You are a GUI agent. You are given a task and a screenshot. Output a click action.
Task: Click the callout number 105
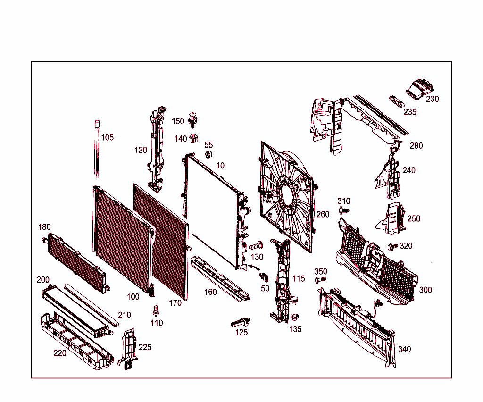click(108, 137)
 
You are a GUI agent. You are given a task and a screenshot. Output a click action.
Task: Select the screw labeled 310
click(344, 210)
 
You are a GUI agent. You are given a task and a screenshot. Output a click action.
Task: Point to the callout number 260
click(323, 215)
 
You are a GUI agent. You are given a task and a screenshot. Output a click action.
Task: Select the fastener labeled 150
click(192, 119)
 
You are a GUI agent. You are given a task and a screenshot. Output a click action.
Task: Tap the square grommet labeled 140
click(193, 139)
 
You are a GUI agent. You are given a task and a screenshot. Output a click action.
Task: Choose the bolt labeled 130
click(255, 246)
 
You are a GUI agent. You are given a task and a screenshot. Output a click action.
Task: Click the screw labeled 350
click(320, 280)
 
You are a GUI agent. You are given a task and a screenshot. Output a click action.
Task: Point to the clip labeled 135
click(295, 318)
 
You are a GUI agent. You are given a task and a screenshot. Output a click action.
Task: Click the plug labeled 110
click(155, 311)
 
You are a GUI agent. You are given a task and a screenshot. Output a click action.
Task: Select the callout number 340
click(405, 349)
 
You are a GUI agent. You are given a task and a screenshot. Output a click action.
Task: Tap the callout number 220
click(60, 353)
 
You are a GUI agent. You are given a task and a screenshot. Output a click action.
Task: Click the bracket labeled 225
click(129, 349)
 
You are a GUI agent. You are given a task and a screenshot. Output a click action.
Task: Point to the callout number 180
click(44, 227)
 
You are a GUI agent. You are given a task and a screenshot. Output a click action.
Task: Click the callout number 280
click(416, 146)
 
